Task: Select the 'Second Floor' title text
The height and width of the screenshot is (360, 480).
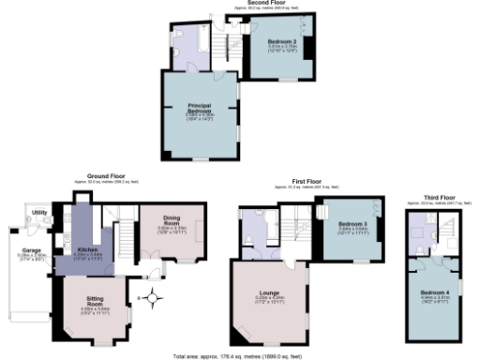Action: pos(265,3)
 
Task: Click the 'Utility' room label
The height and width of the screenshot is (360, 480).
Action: pos(38,213)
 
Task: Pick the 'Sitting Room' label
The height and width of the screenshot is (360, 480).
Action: pos(95,302)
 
